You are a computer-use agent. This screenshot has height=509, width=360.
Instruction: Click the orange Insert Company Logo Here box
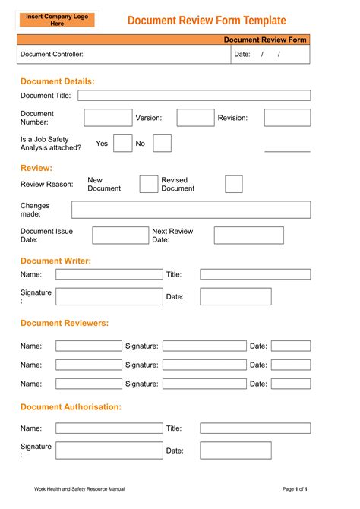[x=57, y=20]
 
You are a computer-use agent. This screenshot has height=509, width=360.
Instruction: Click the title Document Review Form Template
[x=207, y=21]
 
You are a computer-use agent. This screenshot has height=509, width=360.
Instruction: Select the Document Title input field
[x=194, y=96]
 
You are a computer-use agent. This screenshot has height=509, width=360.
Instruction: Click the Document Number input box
[x=107, y=118]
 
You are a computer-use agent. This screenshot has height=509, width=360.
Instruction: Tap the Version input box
[x=195, y=118]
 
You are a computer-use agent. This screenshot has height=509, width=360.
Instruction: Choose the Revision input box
[x=287, y=118]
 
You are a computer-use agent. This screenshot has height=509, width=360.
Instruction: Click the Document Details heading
[x=57, y=81]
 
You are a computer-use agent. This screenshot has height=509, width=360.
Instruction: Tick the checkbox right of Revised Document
[x=234, y=184]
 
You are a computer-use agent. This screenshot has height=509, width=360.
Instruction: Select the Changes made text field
[x=191, y=210]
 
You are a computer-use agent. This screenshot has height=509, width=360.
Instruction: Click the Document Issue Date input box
[x=120, y=236]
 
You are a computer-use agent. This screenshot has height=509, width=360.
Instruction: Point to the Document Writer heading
[x=55, y=261]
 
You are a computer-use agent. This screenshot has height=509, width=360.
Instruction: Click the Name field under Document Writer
[x=109, y=274]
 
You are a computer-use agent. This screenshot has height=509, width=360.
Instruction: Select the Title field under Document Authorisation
[x=255, y=428]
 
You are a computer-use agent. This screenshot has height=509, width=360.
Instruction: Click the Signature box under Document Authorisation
[x=109, y=451]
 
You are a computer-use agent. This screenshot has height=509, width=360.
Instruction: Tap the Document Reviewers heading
[x=65, y=323]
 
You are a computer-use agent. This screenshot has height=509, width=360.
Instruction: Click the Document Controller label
[x=52, y=54]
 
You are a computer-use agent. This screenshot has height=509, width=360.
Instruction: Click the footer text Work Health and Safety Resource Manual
[x=79, y=488]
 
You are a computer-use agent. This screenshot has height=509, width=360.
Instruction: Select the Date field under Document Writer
[x=235, y=296]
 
